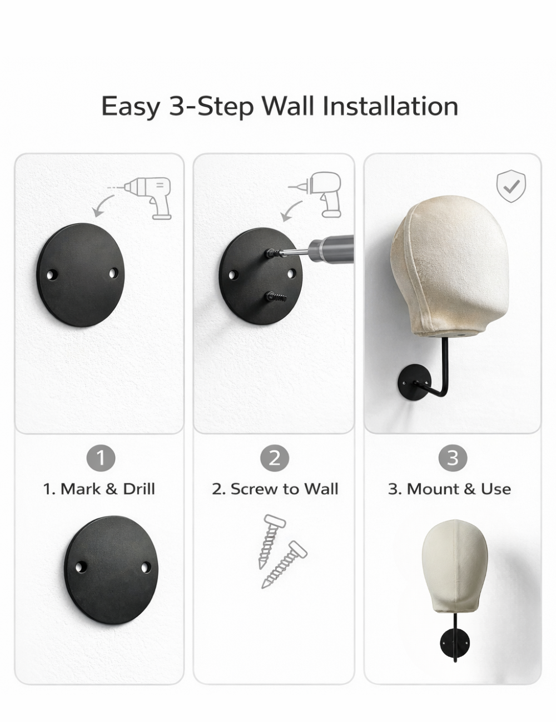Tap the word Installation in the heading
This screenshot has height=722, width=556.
390,106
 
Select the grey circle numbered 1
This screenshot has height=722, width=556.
101,458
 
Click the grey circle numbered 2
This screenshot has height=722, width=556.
275,458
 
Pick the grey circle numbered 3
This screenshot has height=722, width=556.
453,458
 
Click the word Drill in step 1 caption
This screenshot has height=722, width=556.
139,489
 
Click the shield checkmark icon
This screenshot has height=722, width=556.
512,186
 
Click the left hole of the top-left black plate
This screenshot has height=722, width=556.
52,275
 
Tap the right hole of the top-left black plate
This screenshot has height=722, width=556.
114,273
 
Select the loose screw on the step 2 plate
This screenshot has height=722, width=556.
276,296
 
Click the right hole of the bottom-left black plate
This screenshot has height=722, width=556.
146,566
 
